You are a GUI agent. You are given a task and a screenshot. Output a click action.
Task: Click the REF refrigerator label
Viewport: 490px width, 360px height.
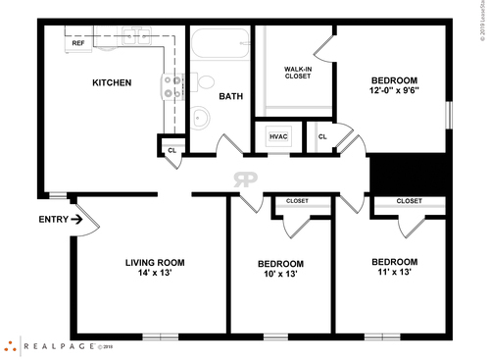(77, 43)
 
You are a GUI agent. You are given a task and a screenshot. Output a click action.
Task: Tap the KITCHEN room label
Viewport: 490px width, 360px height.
(112, 83)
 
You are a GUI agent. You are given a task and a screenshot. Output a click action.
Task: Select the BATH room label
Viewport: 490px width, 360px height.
(231, 96)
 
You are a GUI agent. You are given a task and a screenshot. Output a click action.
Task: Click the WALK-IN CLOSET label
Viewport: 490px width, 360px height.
(298, 73)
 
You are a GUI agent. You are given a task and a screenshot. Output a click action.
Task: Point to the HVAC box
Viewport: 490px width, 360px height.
(278, 136)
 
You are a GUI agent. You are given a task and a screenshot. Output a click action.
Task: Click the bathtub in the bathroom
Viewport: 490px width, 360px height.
(220, 44)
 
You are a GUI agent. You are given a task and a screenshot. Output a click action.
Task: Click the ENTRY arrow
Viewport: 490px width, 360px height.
(76, 220)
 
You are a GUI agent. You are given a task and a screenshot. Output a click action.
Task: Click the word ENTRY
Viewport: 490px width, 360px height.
(53, 220)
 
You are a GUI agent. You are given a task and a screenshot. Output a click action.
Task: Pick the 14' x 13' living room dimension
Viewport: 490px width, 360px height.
(155, 274)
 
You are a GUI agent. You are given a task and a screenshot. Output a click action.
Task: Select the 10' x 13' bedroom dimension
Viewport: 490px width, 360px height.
(280, 275)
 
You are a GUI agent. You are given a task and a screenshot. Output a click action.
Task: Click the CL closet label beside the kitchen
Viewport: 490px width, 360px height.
(171, 150)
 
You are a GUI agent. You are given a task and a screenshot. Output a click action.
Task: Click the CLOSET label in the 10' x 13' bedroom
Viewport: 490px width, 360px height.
(296, 201)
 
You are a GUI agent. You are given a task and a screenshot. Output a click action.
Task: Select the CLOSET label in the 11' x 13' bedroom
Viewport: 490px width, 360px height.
(410, 201)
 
